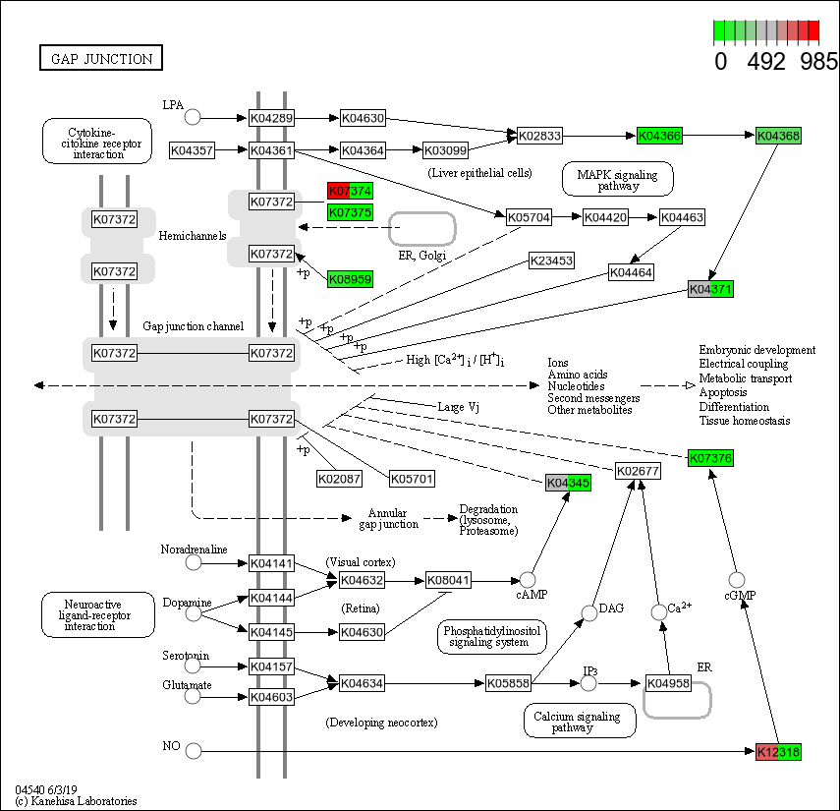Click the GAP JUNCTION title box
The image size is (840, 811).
(100, 59)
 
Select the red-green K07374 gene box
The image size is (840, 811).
(350, 191)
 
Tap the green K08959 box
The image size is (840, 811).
(350, 279)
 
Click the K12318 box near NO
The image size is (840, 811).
(778, 751)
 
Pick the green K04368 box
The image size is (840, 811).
(778, 136)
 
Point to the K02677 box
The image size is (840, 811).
(638, 471)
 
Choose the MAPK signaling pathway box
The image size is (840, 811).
(617, 179)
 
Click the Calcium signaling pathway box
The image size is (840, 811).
(580, 721)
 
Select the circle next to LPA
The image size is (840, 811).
(194, 117)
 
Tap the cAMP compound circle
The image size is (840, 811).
(529, 580)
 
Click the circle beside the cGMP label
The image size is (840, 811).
(737, 580)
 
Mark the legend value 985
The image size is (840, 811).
(817, 61)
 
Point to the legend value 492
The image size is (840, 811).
(766, 61)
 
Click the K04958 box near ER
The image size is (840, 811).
(668, 683)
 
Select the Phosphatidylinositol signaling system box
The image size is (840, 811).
(491, 637)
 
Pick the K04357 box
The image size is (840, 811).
(192, 150)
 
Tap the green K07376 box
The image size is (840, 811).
(710, 458)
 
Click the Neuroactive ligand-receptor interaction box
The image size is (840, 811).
(97, 614)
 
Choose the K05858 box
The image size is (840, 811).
(509, 683)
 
